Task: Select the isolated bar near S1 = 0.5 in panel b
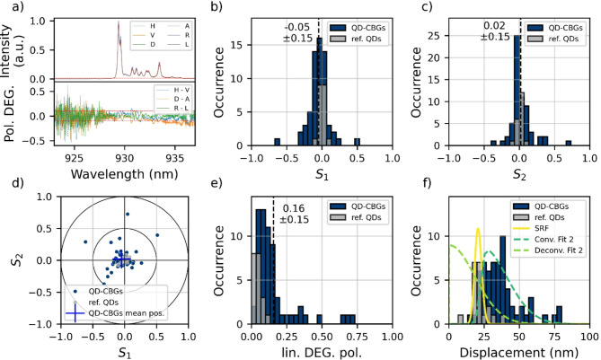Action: click(x=357, y=141)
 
